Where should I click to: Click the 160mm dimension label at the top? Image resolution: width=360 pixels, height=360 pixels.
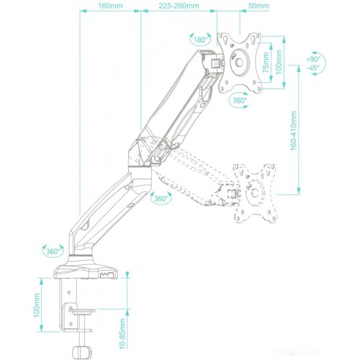click(x=110, y=6)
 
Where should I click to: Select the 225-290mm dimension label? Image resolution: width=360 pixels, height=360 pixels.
click(x=179, y=6)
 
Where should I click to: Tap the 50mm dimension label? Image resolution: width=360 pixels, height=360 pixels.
click(x=258, y=6)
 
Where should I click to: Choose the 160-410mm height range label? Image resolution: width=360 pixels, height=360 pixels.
click(x=294, y=131)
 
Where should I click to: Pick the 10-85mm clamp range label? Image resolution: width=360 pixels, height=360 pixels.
click(x=122, y=333)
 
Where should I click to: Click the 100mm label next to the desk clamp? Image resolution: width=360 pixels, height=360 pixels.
click(x=37, y=305)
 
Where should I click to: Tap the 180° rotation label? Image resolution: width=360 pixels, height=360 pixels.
click(x=201, y=40)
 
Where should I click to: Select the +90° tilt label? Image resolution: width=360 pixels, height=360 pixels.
click(x=313, y=59)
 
